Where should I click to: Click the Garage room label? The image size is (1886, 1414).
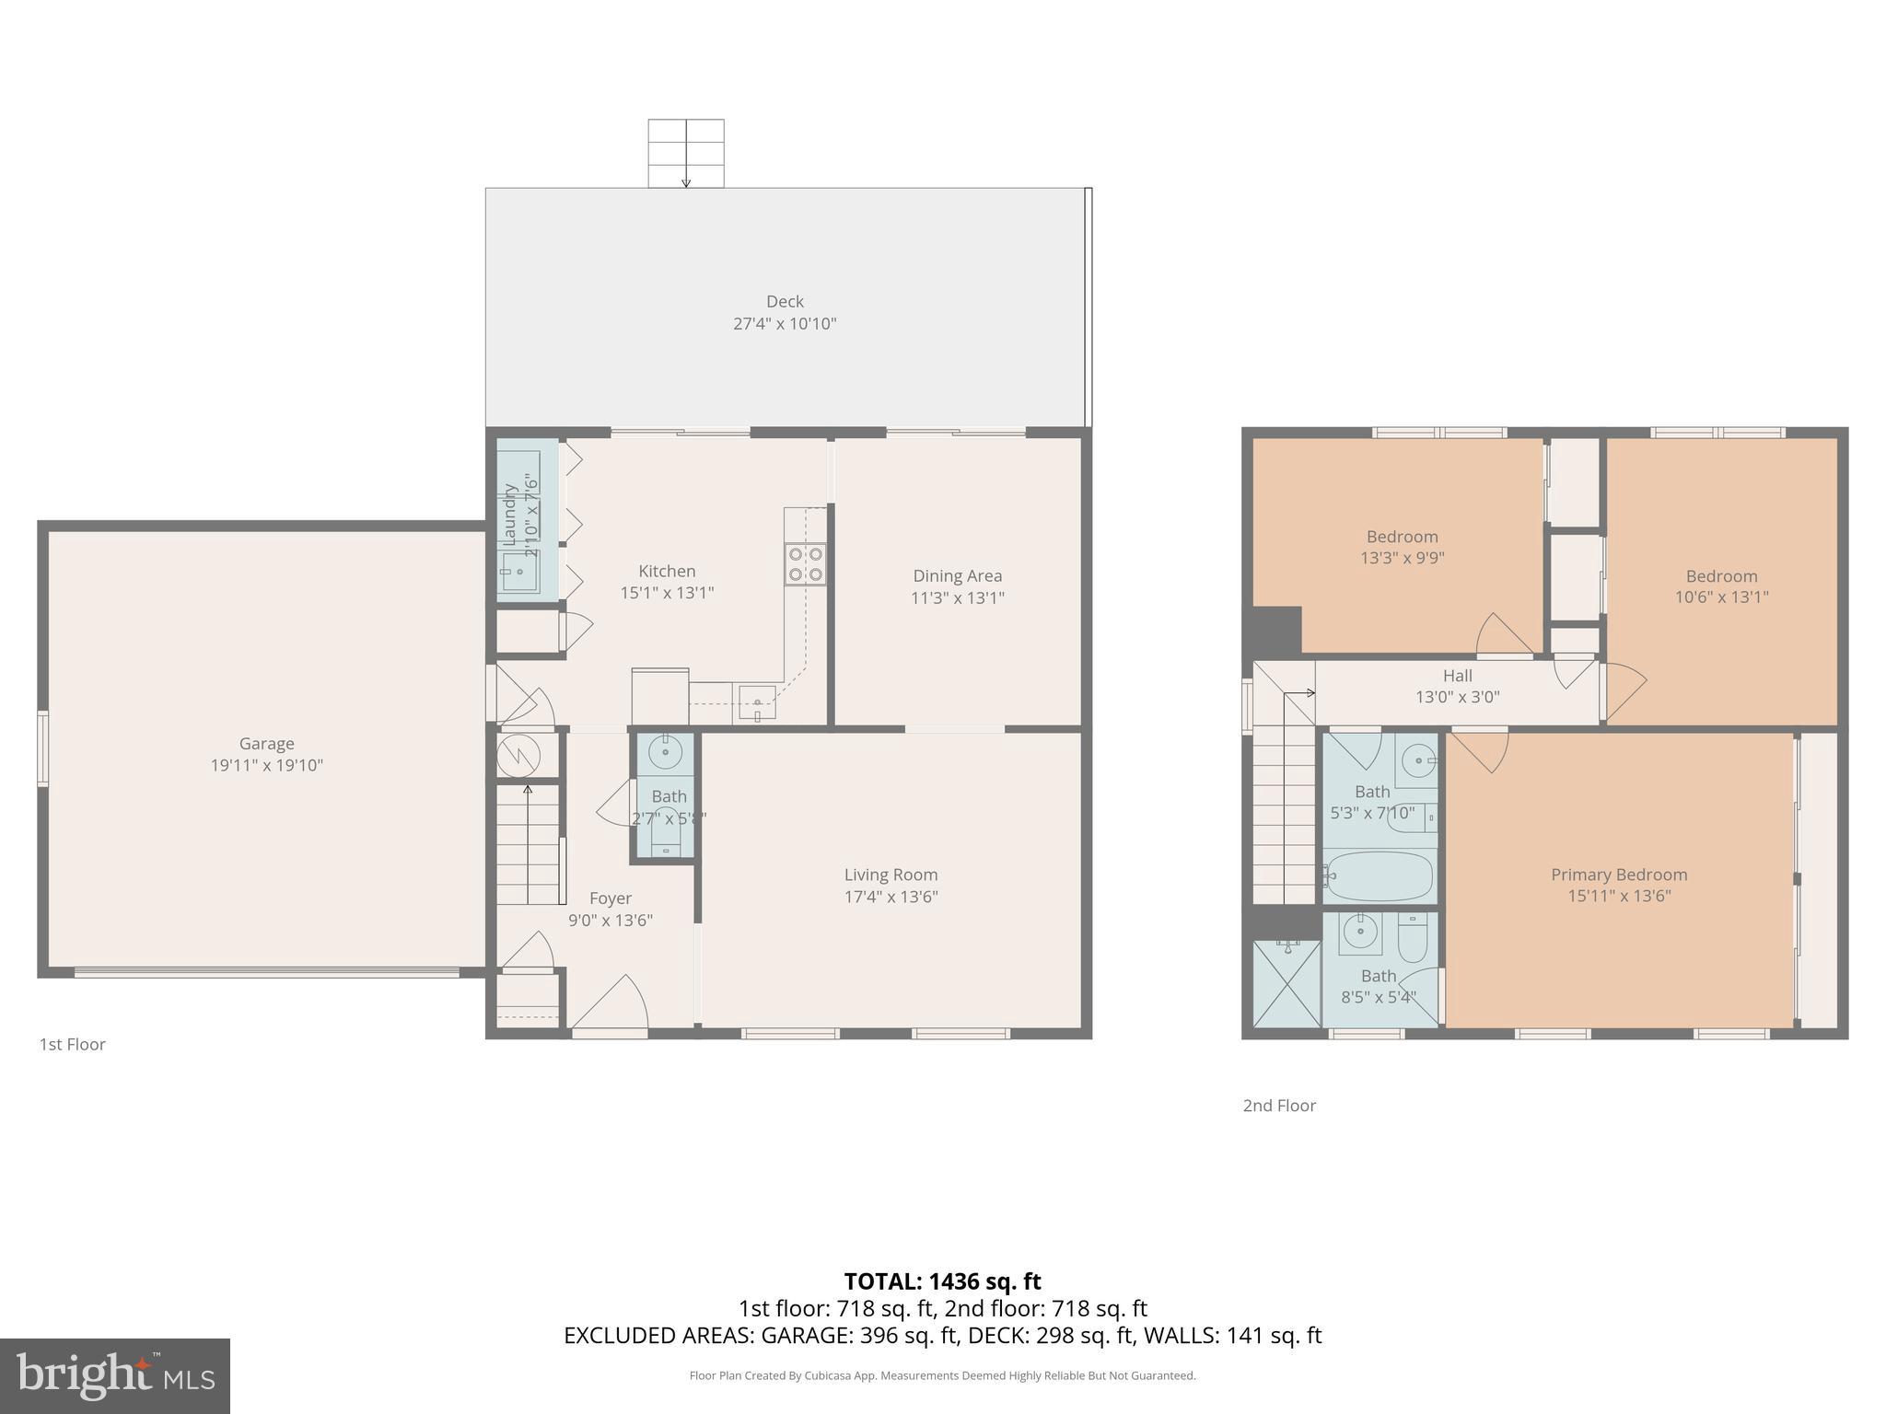(266, 743)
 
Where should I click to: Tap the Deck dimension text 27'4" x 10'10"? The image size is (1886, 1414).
(785, 324)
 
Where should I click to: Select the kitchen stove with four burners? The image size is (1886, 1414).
(805, 564)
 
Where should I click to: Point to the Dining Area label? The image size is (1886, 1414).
(957, 575)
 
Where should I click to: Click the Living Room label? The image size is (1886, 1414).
(891, 875)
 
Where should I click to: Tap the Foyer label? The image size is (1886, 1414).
(610, 898)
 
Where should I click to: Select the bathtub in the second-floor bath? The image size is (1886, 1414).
(1379, 876)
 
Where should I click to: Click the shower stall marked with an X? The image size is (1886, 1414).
(1286, 983)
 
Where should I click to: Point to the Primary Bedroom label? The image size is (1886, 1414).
(1618, 875)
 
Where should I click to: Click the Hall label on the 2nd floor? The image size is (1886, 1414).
(1457, 676)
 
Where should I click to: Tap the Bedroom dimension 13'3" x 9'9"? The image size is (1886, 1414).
(1402, 558)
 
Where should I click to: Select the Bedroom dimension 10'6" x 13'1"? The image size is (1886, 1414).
(1720, 597)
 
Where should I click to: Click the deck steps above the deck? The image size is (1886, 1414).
(685, 153)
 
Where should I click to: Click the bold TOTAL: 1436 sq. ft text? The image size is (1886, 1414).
(942, 1281)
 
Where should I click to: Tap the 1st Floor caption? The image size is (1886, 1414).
(72, 1044)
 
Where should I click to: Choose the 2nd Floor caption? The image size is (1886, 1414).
(1278, 1106)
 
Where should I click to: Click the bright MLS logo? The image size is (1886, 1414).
(115, 1375)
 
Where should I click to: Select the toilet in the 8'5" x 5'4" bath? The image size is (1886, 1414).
(1412, 936)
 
